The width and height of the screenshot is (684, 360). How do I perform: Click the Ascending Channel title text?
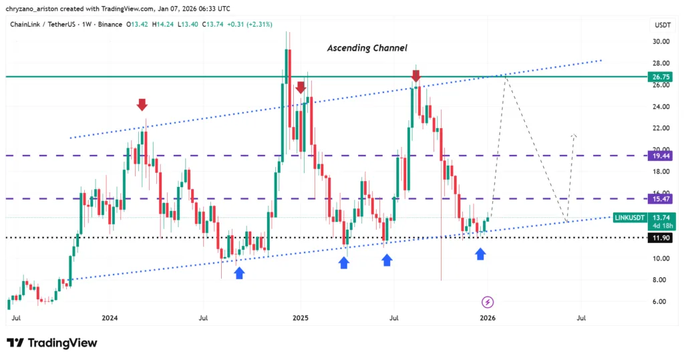(367, 48)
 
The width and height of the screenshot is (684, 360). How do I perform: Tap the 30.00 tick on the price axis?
(661, 41)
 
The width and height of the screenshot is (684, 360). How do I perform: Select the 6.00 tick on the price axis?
(661, 301)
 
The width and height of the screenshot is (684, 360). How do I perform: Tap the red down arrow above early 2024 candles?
(142, 105)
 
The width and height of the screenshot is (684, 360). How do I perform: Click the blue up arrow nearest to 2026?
(480, 253)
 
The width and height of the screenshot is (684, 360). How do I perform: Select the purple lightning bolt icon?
(488, 302)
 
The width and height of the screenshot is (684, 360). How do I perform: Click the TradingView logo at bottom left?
(52, 343)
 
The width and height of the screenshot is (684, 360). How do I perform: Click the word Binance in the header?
(106, 25)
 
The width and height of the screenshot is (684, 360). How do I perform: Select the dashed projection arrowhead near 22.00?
(573, 137)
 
